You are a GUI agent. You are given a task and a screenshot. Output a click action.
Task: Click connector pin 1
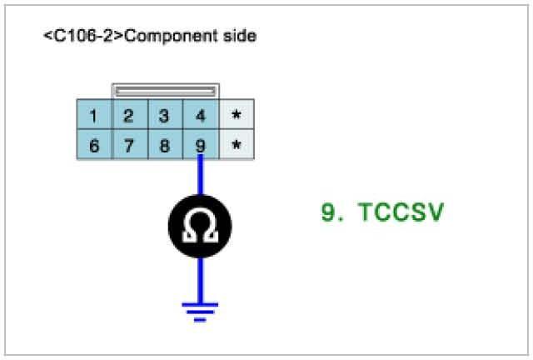click(x=94, y=115)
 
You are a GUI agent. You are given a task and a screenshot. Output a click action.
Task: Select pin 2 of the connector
click(x=129, y=115)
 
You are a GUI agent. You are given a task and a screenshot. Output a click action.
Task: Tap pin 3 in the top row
click(x=165, y=115)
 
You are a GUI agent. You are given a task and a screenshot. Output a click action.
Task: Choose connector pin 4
click(x=200, y=115)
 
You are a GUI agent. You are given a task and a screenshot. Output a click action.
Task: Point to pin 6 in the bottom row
click(x=94, y=145)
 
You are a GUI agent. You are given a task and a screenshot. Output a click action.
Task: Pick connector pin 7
click(x=129, y=145)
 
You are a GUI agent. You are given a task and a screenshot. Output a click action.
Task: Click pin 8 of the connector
click(x=165, y=145)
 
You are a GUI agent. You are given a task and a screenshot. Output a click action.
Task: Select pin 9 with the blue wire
click(x=200, y=145)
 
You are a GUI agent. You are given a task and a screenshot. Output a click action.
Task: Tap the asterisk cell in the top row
click(x=236, y=115)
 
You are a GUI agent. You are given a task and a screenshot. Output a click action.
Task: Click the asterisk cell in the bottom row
click(x=236, y=145)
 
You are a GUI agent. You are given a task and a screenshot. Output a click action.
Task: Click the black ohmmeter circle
click(x=200, y=226)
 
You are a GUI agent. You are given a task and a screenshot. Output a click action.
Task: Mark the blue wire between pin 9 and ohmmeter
click(x=200, y=178)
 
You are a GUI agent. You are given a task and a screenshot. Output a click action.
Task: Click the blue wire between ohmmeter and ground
click(x=200, y=275)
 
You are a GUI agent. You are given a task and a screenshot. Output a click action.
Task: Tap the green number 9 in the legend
click(x=328, y=212)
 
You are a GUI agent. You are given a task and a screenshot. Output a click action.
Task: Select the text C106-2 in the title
click(x=82, y=37)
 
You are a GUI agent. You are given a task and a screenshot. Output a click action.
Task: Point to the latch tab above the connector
click(x=165, y=87)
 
